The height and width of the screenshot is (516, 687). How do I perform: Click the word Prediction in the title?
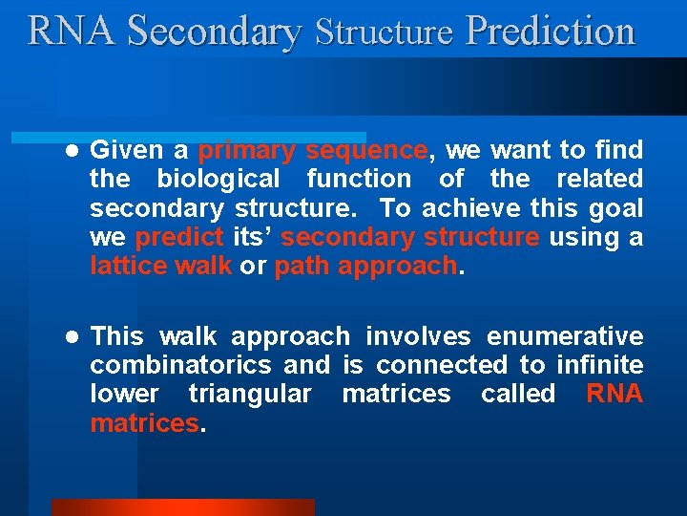(x=550, y=31)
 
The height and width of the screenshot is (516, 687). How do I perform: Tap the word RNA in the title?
(x=73, y=31)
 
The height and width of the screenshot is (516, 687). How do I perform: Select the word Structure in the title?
(x=384, y=32)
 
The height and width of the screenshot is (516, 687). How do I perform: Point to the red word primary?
(x=246, y=151)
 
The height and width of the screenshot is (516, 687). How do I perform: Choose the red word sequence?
(x=366, y=151)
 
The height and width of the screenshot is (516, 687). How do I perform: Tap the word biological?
(x=219, y=179)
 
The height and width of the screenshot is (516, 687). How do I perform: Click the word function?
(x=358, y=179)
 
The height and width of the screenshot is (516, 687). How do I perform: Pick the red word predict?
(x=179, y=237)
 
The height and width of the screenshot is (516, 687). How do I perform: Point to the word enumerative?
(x=565, y=336)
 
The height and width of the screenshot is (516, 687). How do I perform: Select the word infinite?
(x=602, y=365)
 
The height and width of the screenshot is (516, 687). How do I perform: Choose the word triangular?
(x=250, y=394)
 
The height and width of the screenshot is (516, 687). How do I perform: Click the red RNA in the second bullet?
(x=614, y=394)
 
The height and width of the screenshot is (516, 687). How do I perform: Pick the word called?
(x=518, y=394)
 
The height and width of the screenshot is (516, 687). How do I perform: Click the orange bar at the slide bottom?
(x=182, y=506)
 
